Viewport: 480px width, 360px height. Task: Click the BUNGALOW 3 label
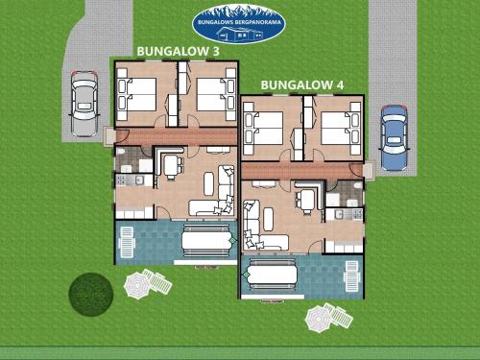pos(179,51)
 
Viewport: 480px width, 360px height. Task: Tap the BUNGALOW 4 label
pos(302,85)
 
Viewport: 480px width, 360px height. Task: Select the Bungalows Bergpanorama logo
pos(239,24)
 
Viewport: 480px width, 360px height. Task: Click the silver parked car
pos(84,104)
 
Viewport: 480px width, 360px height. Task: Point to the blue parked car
pos(395,137)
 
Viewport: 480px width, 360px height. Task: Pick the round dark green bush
pos(91,295)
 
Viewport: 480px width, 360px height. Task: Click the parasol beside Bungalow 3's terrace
pos(137,285)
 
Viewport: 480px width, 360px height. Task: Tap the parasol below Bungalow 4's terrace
pos(319,319)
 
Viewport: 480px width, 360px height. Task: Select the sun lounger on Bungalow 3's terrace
pos(127,242)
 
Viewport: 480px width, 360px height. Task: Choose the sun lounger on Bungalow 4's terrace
pos(351,276)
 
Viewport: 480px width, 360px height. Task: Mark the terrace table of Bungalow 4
pos(272,275)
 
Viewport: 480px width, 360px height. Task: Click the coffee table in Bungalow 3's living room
pos(209,183)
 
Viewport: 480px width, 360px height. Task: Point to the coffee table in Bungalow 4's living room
pos(269,219)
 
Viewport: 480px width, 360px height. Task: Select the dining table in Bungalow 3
pos(171,166)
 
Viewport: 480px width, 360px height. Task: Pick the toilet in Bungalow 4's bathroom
pos(358,185)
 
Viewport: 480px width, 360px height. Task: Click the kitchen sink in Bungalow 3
pos(139,180)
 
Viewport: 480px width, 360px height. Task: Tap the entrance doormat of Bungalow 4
pos(369,171)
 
